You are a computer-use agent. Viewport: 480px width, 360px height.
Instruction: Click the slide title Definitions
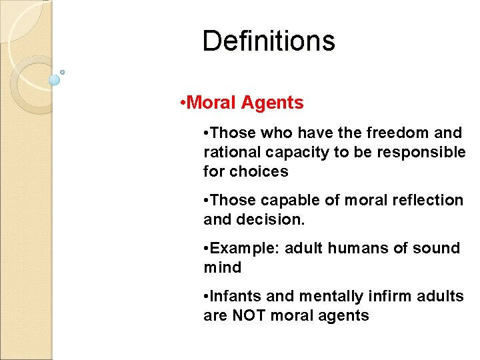(x=269, y=41)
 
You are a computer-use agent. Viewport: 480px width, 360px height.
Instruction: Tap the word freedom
(x=381, y=133)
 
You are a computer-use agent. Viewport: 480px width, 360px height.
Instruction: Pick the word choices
(x=261, y=171)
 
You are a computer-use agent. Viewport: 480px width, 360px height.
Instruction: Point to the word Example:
(x=244, y=248)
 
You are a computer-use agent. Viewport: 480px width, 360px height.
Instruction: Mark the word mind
(x=222, y=267)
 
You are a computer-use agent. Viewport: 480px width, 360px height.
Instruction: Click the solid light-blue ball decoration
(x=55, y=80)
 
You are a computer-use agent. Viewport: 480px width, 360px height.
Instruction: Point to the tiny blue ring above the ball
(x=62, y=72)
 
